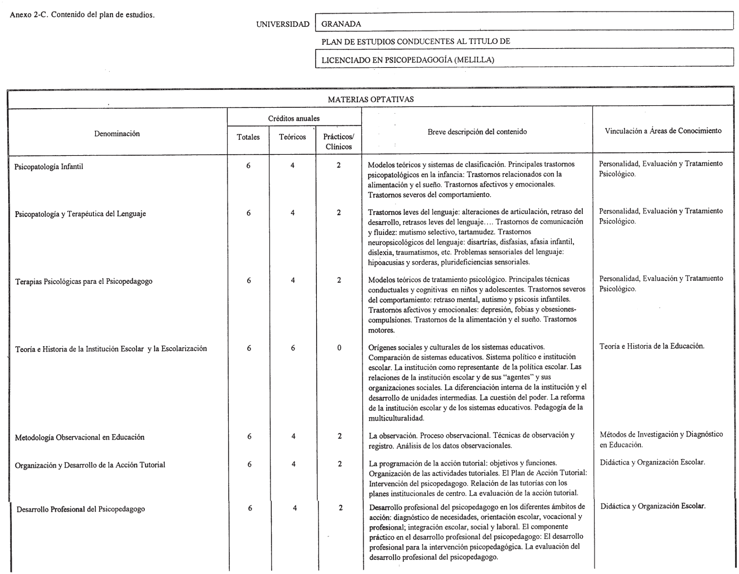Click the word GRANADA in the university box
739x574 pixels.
[x=341, y=24]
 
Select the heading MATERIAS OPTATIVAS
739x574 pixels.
[x=371, y=99]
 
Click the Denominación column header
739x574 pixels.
[x=117, y=134]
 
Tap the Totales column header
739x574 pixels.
[x=248, y=137]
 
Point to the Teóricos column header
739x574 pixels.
[x=292, y=137]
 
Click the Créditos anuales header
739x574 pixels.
[x=294, y=119]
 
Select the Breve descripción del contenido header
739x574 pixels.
[x=477, y=132]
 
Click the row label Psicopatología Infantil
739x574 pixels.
[x=49, y=167]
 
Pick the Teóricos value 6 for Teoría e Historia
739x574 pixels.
[x=293, y=348]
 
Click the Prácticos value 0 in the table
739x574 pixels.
[x=339, y=348]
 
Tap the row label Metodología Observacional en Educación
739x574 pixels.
[x=79, y=437]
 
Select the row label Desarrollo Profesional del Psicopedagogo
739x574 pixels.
[x=81, y=509]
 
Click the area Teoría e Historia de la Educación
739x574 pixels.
[x=652, y=346]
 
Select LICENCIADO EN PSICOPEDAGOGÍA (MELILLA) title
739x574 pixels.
[x=408, y=60]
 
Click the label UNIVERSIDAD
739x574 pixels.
[x=283, y=25]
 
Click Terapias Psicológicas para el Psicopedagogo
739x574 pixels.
[x=84, y=282]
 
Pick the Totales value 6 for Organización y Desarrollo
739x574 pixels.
[x=249, y=464]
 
